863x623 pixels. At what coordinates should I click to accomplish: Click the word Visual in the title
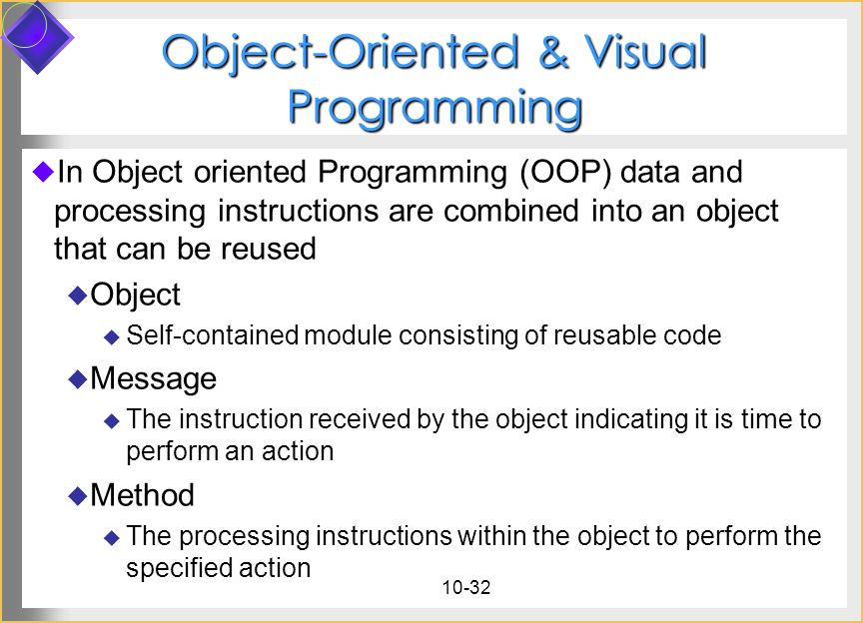click(x=644, y=52)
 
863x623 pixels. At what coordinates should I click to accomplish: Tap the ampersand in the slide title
click(x=553, y=52)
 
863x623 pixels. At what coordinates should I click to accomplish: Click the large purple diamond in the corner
click(x=37, y=37)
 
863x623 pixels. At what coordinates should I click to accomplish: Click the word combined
click(x=511, y=211)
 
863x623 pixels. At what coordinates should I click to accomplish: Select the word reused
click(x=269, y=249)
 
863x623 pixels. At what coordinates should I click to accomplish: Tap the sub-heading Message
click(x=154, y=378)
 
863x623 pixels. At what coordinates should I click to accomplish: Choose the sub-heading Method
click(x=143, y=495)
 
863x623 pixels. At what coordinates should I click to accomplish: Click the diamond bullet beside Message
click(x=78, y=379)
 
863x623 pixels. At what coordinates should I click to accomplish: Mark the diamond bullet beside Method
click(x=78, y=496)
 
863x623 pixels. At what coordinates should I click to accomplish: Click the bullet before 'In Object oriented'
click(x=43, y=172)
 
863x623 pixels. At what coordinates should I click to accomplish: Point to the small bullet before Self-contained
click(x=112, y=336)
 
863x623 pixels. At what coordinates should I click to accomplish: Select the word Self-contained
click(x=213, y=335)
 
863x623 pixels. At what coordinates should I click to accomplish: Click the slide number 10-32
click(x=466, y=588)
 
